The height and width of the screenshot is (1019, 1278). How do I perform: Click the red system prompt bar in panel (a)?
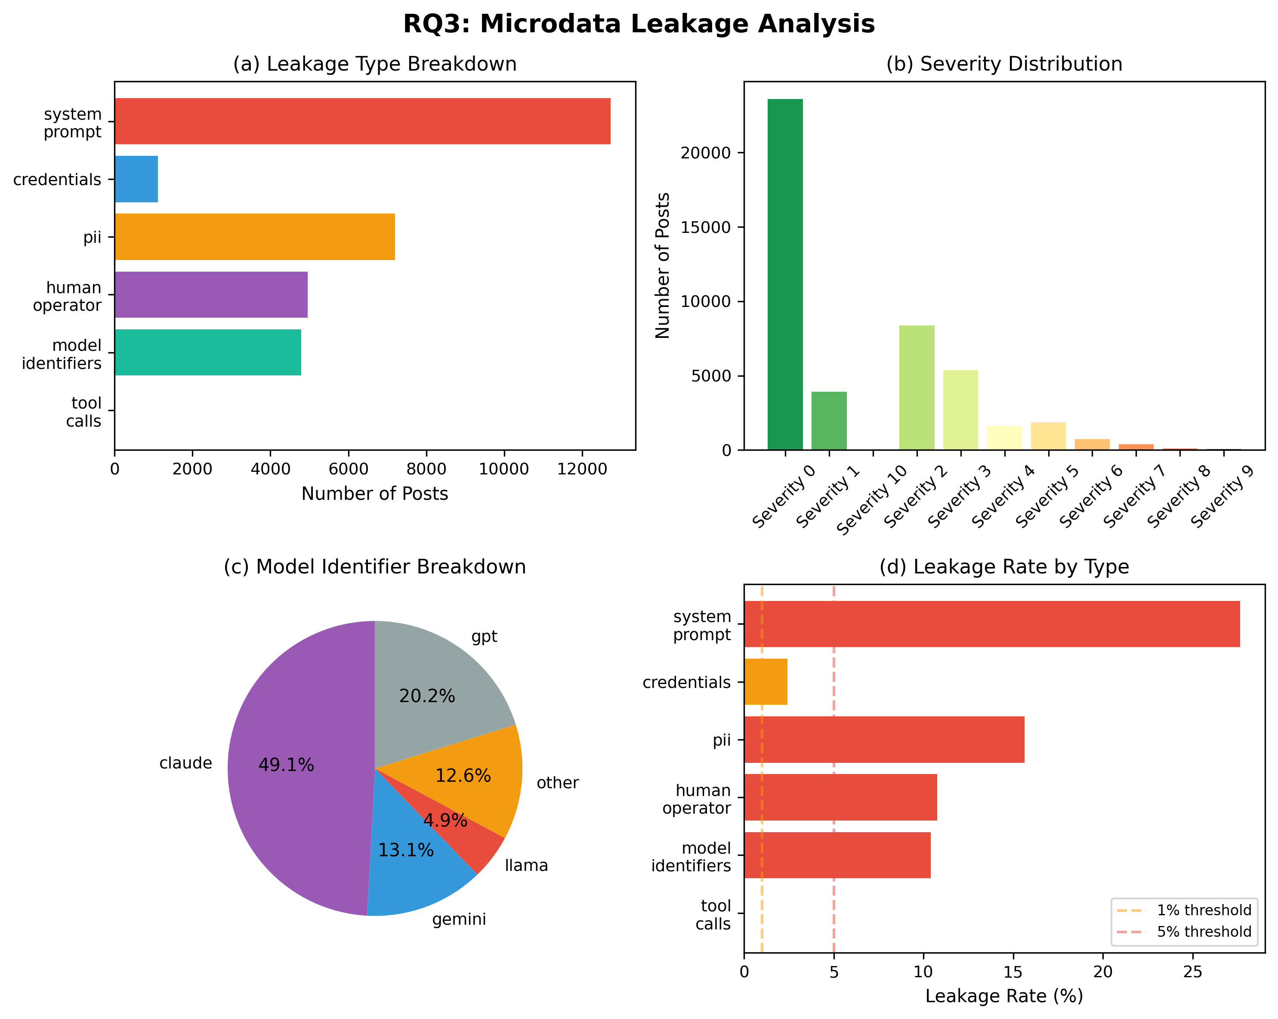click(362, 121)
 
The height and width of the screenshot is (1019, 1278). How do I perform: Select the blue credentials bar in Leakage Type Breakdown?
click(136, 179)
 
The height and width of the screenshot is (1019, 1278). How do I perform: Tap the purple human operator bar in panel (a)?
click(211, 295)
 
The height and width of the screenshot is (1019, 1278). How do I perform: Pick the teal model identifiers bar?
click(208, 352)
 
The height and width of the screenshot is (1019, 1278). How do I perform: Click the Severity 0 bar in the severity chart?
click(785, 275)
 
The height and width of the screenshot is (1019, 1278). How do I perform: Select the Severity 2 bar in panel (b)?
click(917, 388)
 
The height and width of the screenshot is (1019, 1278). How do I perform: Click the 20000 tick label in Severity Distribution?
click(706, 153)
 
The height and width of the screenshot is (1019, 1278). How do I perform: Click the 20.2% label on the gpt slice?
click(427, 696)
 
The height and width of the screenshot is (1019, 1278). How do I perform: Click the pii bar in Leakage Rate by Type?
click(884, 740)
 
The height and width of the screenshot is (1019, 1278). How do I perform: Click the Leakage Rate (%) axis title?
click(1004, 996)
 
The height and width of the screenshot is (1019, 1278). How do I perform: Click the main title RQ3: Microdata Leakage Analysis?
click(639, 24)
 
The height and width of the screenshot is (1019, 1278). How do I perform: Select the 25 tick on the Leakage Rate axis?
click(1193, 972)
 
